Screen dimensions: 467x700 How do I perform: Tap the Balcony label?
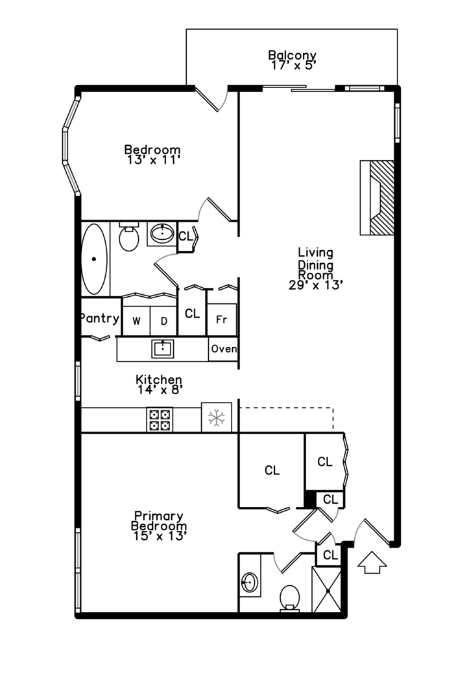click(x=293, y=55)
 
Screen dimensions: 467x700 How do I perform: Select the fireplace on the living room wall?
click(x=377, y=198)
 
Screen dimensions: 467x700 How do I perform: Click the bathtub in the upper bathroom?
click(x=94, y=259)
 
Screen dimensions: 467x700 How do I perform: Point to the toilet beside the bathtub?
click(x=128, y=237)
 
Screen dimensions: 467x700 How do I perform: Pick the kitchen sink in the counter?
click(x=163, y=349)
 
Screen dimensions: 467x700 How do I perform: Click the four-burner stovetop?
click(x=160, y=419)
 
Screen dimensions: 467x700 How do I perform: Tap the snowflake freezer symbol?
click(x=217, y=417)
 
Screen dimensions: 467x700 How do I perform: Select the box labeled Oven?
click(x=223, y=349)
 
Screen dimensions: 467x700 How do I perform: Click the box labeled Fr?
click(x=222, y=320)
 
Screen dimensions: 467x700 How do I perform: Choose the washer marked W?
click(x=136, y=321)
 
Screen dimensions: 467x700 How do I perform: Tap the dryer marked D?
click(x=163, y=321)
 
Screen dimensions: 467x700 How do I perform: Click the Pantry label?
click(x=100, y=318)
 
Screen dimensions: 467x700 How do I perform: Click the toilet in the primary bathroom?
click(x=289, y=598)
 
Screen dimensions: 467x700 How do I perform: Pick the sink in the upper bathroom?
click(x=162, y=233)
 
